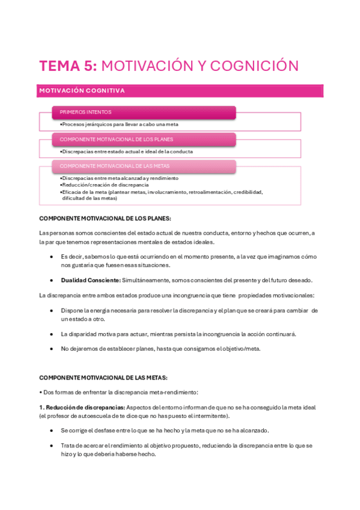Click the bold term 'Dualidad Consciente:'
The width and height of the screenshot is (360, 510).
[x=90, y=280]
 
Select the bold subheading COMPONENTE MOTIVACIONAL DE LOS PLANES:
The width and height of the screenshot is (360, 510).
[x=105, y=219]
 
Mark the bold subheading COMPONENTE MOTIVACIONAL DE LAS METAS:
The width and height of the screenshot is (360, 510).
[x=103, y=377]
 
